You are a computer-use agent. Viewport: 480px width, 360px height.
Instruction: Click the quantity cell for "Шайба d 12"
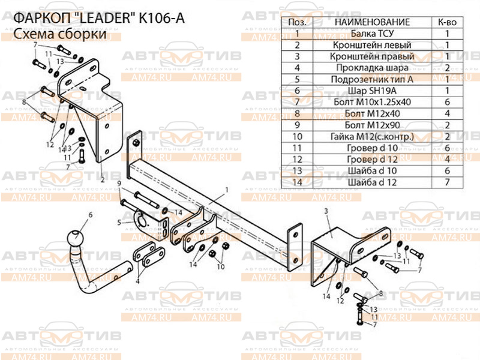[x=447, y=182]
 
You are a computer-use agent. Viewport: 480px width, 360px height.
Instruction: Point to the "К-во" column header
[x=447, y=22]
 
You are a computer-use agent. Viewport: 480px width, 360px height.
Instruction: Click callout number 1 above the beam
[x=227, y=190]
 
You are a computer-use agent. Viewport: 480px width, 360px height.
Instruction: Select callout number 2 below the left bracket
[x=103, y=179]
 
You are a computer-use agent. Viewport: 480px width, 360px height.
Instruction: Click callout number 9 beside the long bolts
[x=119, y=184]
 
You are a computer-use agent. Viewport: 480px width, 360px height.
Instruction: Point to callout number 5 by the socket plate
[x=119, y=222]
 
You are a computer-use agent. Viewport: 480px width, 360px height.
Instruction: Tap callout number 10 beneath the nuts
[x=220, y=266]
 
